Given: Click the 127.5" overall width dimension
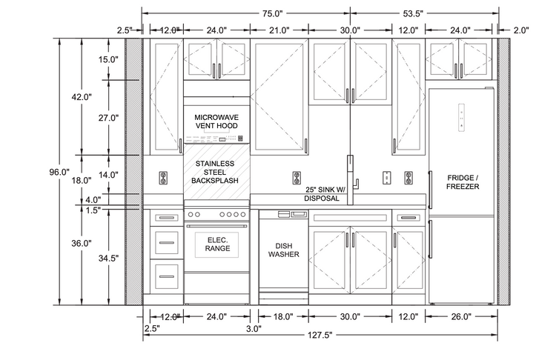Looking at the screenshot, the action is [320, 335].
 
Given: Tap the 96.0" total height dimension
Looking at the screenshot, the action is [59, 172].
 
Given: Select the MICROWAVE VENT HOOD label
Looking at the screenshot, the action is [216, 121].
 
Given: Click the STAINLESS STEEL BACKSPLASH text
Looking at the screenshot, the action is [215, 172].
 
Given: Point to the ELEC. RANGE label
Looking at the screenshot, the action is [217, 244].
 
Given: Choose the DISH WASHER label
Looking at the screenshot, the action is [284, 250].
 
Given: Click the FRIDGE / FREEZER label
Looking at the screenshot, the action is [463, 182].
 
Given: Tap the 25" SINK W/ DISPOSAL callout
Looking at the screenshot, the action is [324, 194].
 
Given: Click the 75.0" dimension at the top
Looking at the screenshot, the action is [272, 14].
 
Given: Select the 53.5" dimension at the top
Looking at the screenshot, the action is [413, 14].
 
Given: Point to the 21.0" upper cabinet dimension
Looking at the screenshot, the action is [279, 30].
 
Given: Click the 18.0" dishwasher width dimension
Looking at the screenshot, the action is [283, 316].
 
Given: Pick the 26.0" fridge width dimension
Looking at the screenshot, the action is [460, 316].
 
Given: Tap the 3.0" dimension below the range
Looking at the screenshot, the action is [254, 328].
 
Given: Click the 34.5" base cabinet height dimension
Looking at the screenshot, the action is [108, 259].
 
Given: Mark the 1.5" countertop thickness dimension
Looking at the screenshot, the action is [93, 210].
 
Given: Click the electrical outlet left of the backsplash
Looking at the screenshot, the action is [164, 178].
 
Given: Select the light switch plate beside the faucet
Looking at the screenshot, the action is [387, 178].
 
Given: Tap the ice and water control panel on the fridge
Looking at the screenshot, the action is [461, 118].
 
